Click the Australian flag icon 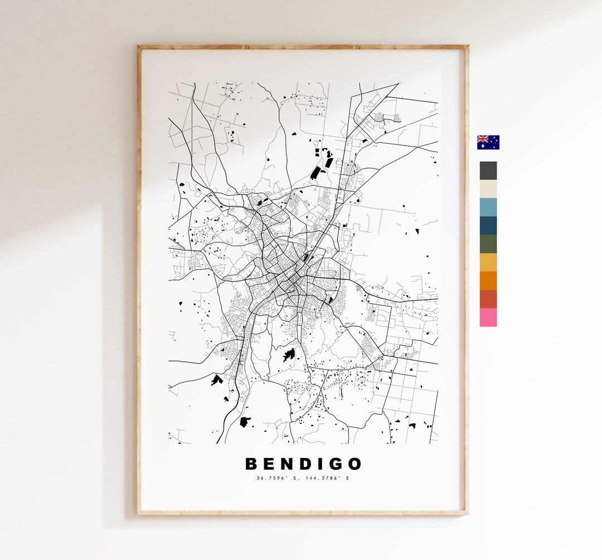tap(488, 142)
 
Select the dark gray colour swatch tap(488, 171)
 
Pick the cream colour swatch tap(488, 189)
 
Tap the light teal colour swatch tap(488, 207)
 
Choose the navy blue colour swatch tap(488, 226)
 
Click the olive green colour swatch tap(488, 244)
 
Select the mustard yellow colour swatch tap(488, 263)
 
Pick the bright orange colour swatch tap(488, 281)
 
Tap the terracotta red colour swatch tap(488, 299)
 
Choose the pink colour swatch tap(488, 317)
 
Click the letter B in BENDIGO tap(252, 464)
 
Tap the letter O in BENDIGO tap(354, 464)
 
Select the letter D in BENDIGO tap(304, 464)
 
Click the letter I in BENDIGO tap(320, 464)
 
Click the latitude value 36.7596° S tap(278, 478)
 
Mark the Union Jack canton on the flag tap(482, 139)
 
